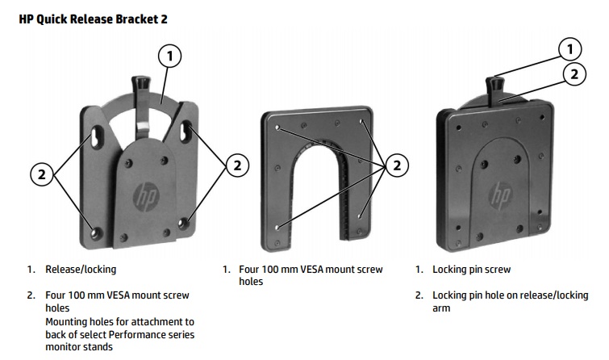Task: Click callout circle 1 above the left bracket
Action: tap(169, 56)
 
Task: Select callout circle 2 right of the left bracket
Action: tap(236, 165)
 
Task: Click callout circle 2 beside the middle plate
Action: tap(396, 165)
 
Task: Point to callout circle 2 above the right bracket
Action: tap(574, 73)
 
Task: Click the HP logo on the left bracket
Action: tap(146, 196)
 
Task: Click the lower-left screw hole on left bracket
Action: tap(98, 233)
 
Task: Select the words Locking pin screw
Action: tap(471, 270)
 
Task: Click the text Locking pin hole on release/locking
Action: tap(510, 295)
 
